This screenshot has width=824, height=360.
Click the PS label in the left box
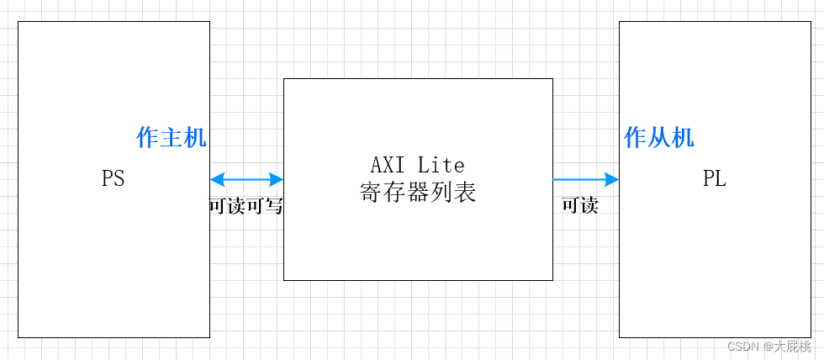tap(114, 179)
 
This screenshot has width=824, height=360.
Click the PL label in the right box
tap(715, 179)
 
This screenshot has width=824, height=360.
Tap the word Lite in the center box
tap(441, 164)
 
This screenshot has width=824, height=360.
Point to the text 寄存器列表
tap(418, 193)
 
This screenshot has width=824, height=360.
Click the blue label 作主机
tap(172, 138)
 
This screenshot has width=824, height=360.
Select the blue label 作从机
tap(659, 138)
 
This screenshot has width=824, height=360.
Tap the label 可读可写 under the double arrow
tap(246, 206)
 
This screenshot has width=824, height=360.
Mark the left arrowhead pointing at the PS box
tap(217, 179)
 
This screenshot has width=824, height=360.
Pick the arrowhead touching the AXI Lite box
tap(277, 179)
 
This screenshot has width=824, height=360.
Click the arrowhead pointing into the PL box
tap(612, 179)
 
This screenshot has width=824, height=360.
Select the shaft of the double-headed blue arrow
tap(246, 179)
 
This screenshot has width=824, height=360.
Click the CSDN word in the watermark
tap(742, 347)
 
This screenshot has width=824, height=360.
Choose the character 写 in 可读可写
tap(274, 206)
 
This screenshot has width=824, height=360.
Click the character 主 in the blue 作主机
tap(172, 138)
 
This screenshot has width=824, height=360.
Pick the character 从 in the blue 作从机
tap(659, 138)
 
